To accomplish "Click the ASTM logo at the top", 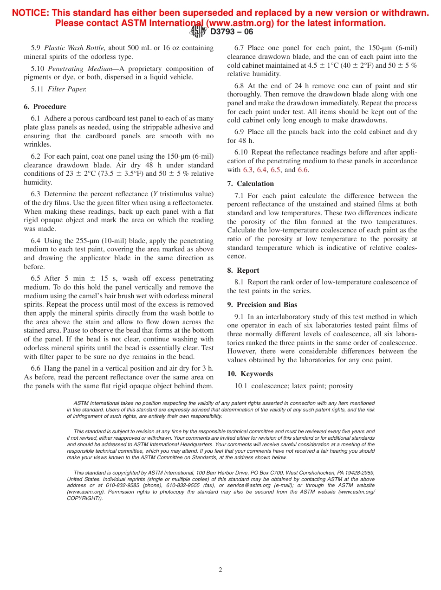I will pos(198,32).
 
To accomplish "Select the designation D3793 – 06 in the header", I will pos(232,32).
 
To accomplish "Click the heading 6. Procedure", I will pos(45,107).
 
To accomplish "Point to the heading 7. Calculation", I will pos(251,184).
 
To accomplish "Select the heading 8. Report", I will pos(243,270).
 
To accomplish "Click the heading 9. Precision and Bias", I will pos(262,305).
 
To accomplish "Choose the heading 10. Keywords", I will pos(250,374).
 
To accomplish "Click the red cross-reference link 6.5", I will pos(275,170).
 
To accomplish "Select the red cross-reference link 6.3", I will pos(248,170).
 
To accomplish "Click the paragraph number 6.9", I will pos(239,132).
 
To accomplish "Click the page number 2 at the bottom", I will pos(220,570).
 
